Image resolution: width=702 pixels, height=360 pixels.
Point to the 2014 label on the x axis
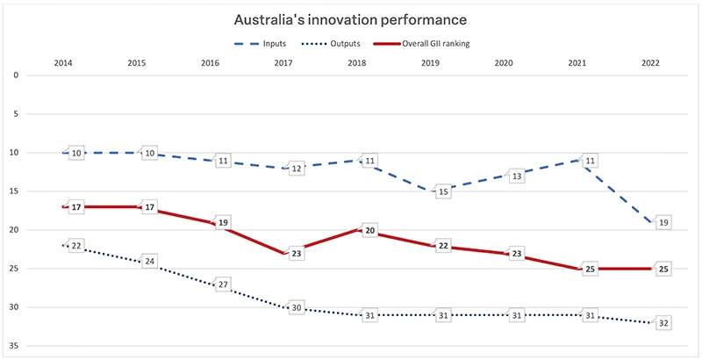coord(62,63)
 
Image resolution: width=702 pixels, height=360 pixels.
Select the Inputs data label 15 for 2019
coord(443,191)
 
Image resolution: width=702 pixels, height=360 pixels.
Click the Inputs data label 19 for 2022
coord(663,223)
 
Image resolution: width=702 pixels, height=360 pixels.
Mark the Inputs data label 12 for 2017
coord(297,169)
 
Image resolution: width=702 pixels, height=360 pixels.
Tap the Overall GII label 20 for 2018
coord(369,231)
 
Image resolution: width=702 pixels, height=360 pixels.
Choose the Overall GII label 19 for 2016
coord(223,223)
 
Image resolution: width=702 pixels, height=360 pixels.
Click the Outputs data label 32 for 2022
coord(663,323)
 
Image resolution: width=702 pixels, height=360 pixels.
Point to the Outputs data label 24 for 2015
coord(150,262)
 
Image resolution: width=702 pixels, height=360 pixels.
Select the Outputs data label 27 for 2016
coord(223,284)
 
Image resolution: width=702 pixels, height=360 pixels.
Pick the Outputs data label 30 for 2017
coord(297,308)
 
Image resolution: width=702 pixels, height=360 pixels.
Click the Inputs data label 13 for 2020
coord(517,176)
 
